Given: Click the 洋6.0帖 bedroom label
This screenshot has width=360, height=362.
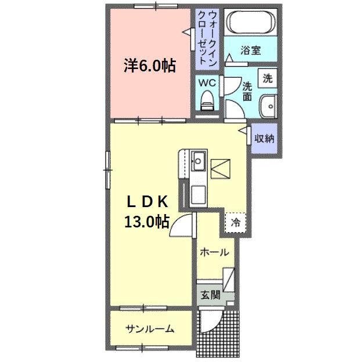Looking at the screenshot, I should click(x=149, y=66).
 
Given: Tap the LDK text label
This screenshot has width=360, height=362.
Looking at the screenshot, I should click(x=147, y=201).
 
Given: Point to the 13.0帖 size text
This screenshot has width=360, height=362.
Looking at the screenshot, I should click(x=146, y=222).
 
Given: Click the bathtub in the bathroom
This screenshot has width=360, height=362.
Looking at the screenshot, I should click(x=251, y=23).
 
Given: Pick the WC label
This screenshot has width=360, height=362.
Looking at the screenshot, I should click(x=208, y=83).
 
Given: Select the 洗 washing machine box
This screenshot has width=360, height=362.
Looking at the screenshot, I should click(x=268, y=77).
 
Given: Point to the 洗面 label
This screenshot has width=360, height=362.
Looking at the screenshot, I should click(x=247, y=92).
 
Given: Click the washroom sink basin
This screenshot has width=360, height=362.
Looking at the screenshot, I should click(x=268, y=107).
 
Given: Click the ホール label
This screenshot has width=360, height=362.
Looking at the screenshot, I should click(x=214, y=253).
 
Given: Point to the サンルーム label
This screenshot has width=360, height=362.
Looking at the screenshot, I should click(x=150, y=330).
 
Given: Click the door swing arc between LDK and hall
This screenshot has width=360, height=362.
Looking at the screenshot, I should click(x=182, y=224).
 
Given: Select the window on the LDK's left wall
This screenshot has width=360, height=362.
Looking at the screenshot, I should click(x=108, y=169).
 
